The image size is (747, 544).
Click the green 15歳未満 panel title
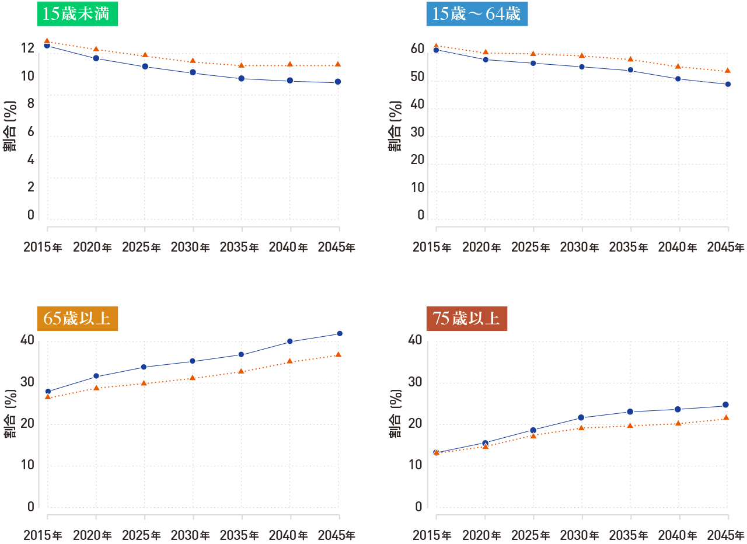[77, 14]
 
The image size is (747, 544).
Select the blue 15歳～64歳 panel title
[477, 14]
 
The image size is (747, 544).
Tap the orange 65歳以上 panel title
[77, 319]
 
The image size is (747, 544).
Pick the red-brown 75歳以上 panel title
[466, 319]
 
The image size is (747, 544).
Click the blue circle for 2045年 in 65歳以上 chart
[339, 333]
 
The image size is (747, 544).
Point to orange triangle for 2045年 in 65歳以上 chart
[338, 354]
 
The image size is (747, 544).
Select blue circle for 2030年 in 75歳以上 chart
[581, 417]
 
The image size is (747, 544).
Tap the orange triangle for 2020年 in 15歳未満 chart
[96, 49]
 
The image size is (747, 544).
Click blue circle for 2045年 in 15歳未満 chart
[338, 82]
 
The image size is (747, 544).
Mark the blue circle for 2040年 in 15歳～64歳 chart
[678, 79]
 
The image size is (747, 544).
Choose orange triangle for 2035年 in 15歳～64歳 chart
[630, 59]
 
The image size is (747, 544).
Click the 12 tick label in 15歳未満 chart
[27, 48]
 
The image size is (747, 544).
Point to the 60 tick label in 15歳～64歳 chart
[416, 48]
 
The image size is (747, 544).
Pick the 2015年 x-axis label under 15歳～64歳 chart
[432, 247]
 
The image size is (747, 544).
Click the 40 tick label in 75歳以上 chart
[416, 340]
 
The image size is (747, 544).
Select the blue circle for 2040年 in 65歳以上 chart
[290, 341]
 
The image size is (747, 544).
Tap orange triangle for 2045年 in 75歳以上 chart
[726, 417]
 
